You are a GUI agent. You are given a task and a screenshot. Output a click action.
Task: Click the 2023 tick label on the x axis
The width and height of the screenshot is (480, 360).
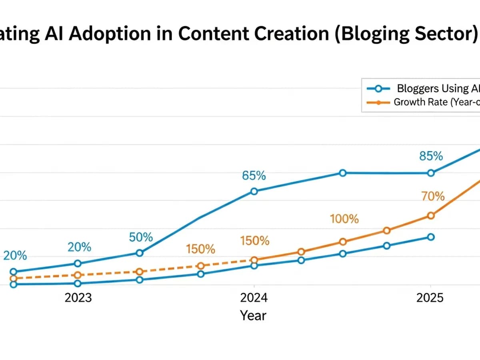(78, 298)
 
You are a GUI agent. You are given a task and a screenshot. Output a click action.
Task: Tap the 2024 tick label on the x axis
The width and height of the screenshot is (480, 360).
(254, 298)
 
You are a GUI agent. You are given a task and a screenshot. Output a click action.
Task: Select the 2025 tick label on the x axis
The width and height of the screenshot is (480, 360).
(430, 298)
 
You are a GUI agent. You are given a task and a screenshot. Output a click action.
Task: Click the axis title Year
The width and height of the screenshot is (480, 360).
(253, 316)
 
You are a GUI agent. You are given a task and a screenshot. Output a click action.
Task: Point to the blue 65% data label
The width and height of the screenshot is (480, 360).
(254, 176)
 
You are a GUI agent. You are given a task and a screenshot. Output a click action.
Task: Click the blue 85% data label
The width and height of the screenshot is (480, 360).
(431, 156)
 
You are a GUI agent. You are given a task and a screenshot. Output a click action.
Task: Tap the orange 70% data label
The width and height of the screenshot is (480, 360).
(433, 196)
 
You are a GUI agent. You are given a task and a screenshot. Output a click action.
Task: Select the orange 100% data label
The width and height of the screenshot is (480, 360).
(344, 219)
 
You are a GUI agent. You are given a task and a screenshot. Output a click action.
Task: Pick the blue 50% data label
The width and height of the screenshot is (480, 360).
(141, 237)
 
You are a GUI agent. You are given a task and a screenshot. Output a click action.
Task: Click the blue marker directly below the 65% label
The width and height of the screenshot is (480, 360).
(254, 191)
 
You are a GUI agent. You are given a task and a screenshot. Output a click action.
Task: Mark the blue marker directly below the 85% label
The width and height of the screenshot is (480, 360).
(431, 173)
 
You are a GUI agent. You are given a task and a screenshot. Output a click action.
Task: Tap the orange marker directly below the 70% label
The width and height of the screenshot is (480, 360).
(431, 216)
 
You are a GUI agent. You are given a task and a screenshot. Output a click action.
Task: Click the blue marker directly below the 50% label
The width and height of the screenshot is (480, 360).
(140, 253)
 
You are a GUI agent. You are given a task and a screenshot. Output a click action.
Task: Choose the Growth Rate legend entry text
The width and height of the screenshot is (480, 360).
(436, 102)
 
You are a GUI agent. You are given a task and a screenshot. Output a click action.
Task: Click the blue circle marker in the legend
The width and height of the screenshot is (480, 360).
(378, 89)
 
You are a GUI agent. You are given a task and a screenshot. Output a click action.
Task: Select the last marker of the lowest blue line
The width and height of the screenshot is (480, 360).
(431, 237)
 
